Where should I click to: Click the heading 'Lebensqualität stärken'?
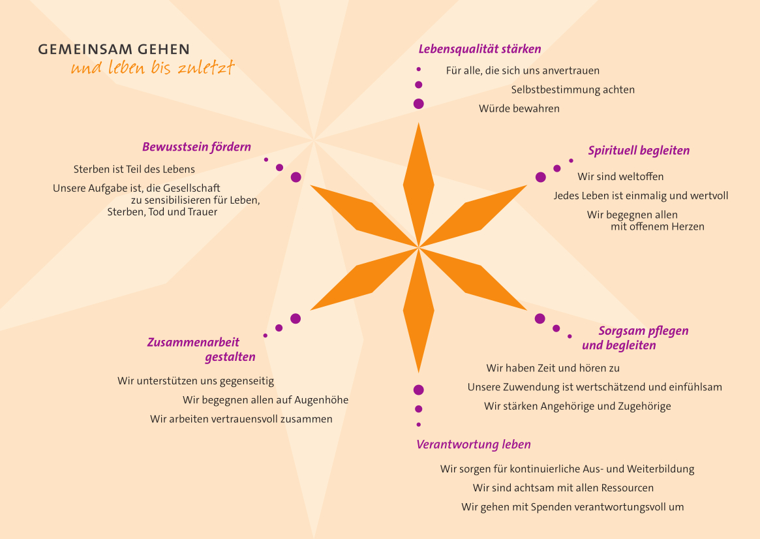click(x=480, y=50)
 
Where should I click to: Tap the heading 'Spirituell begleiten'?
click(x=639, y=151)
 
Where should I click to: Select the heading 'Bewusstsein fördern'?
click(x=197, y=147)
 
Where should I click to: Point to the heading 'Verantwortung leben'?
click(x=474, y=444)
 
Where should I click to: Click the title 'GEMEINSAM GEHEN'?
click(x=114, y=50)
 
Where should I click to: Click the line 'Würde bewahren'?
click(x=519, y=108)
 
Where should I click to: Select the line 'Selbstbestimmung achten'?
click(x=573, y=89)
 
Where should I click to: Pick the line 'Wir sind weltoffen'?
click(x=620, y=176)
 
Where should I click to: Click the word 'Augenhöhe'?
click(x=322, y=401)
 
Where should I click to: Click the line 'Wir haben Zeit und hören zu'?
click(x=553, y=368)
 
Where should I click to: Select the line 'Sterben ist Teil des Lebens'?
click(x=134, y=169)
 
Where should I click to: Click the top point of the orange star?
click(x=418, y=123)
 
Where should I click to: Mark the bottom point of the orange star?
click(x=418, y=372)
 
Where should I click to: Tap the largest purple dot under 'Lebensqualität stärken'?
click(x=419, y=104)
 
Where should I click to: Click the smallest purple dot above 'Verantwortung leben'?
click(x=419, y=425)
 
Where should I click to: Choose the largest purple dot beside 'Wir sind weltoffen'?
click(x=541, y=177)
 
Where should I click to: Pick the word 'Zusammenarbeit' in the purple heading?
click(x=193, y=343)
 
